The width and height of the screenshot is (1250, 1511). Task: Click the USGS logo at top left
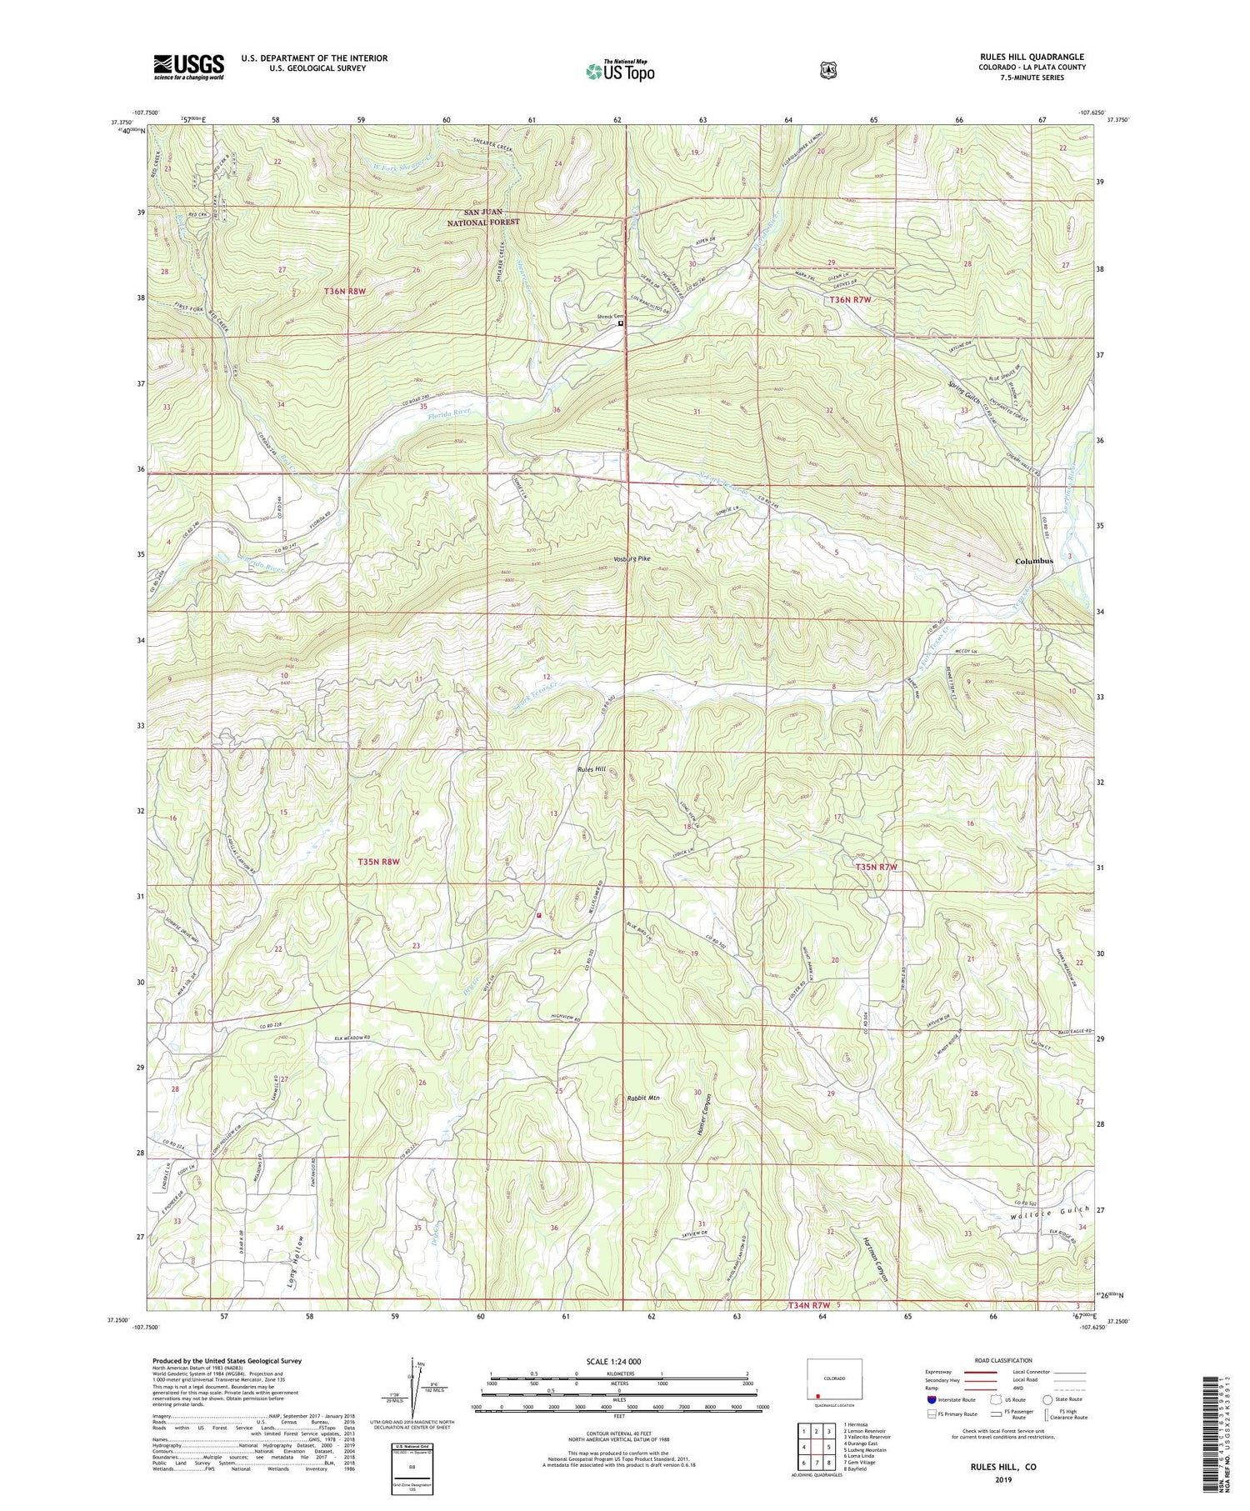188,67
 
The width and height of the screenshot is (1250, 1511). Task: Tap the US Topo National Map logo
620,71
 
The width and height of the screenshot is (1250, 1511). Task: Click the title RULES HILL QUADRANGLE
1032,57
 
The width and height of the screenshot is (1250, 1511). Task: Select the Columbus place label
1033,561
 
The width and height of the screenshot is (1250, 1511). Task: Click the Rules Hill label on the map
591,769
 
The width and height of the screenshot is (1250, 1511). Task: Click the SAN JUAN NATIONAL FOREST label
483,218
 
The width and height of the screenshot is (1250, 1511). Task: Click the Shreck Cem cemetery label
603,317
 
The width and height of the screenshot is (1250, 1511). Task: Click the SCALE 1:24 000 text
619,1362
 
